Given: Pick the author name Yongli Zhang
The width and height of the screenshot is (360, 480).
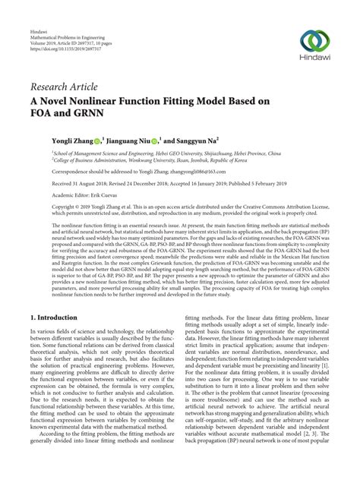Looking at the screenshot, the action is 78,141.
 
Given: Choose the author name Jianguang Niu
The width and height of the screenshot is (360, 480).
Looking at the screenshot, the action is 147,141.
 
